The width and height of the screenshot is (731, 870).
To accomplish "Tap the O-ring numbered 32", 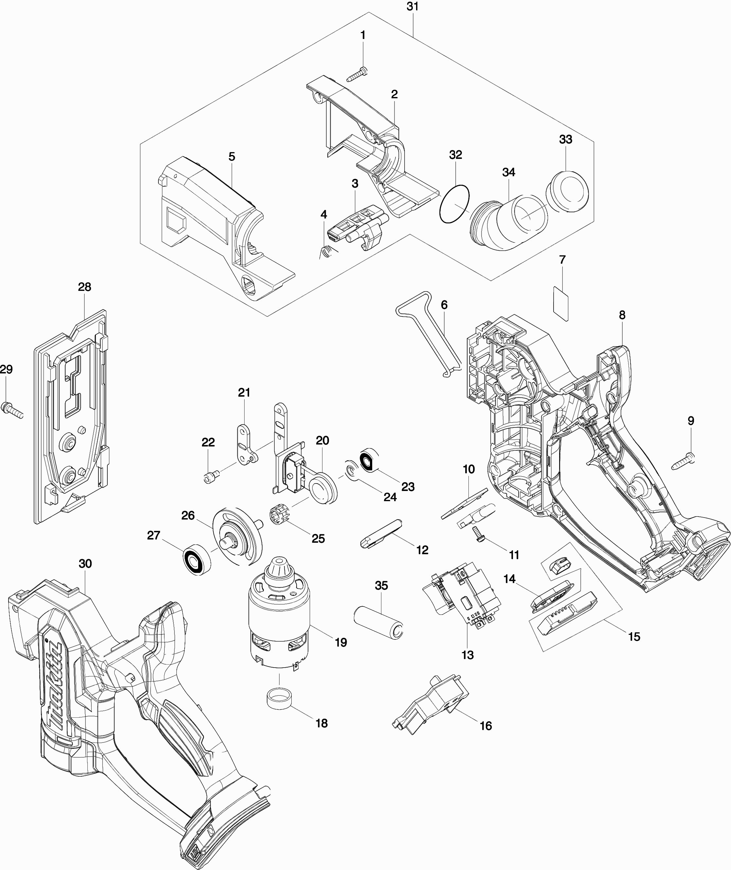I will click(455, 204).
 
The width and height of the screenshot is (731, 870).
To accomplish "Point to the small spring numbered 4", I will click(327, 251).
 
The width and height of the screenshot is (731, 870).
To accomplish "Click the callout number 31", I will click(412, 7).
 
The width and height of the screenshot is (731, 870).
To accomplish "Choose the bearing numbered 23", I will click(368, 460).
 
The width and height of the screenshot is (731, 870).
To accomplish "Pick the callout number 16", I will click(486, 725).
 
